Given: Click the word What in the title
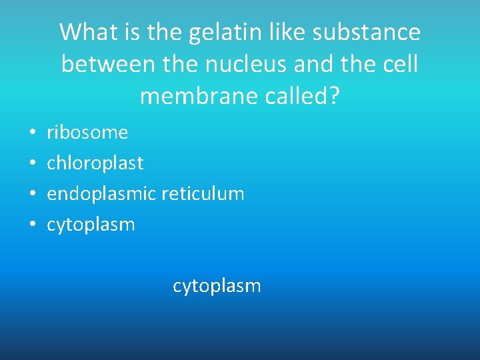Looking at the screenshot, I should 85,32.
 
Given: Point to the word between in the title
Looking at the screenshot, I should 100,64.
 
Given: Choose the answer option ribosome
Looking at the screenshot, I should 87,133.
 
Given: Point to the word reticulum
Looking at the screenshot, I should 203,194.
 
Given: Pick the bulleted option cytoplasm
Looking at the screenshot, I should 91,225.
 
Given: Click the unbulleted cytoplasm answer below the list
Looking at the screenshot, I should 217,286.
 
